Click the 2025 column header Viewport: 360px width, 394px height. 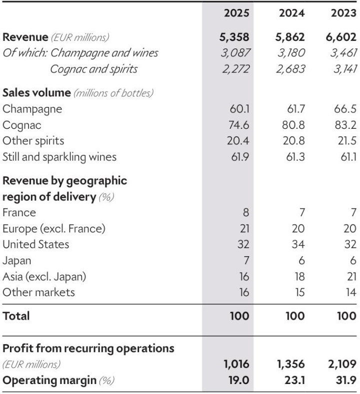coord(236,12)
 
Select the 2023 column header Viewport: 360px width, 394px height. coord(343,12)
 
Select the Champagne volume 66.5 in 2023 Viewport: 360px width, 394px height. coord(346,109)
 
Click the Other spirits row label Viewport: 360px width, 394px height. coord(33,141)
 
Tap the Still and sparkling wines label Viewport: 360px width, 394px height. coord(59,157)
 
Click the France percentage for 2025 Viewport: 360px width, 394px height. coord(244,212)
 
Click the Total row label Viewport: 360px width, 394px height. coord(16,316)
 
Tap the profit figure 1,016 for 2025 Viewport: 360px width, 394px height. coord(235,364)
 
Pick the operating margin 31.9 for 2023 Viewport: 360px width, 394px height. coord(346,380)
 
